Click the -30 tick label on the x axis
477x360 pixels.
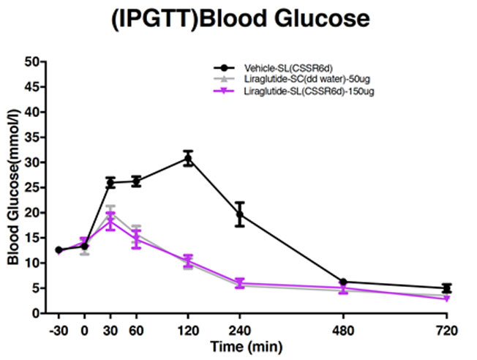(x=58, y=329)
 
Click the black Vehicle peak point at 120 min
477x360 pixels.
(x=188, y=158)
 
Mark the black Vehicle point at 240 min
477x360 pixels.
(x=239, y=214)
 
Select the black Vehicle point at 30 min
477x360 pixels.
(x=110, y=182)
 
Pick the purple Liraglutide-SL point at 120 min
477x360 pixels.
(x=188, y=261)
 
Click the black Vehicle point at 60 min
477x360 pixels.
(x=136, y=181)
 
